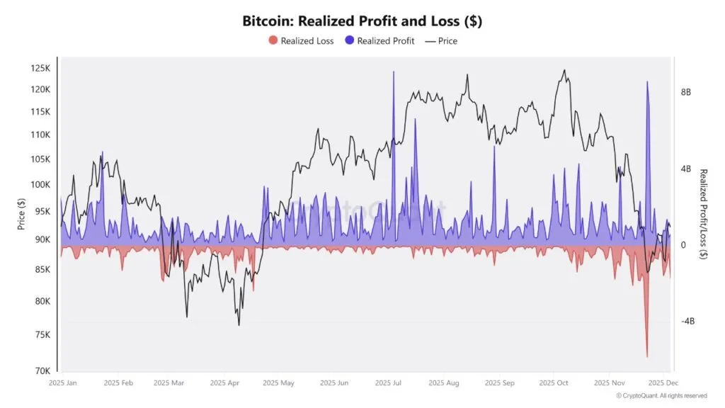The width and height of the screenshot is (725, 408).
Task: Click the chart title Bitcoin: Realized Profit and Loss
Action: [362, 21]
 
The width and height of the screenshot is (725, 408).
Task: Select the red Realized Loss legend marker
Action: [273, 41]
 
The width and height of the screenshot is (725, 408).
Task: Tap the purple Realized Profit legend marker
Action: [349, 41]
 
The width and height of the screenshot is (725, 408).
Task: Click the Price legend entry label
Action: [447, 41]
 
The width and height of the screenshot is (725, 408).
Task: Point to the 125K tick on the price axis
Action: [40, 68]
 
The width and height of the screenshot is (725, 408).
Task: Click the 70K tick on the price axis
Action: [42, 370]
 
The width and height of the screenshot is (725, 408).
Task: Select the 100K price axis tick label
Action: [40, 184]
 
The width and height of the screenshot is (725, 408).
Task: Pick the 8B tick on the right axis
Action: [686, 93]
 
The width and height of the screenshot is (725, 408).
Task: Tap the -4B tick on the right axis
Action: [687, 321]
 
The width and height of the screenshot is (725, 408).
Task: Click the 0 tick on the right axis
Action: [683, 245]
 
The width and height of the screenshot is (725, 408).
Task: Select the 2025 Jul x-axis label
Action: [388, 383]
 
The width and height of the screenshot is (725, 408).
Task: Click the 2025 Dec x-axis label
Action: [658, 383]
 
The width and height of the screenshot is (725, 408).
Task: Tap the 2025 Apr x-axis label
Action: [225, 383]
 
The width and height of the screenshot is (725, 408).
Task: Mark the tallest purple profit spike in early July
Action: [394, 72]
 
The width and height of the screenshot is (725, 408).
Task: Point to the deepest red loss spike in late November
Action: [647, 356]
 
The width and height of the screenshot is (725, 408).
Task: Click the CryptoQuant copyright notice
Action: [661, 396]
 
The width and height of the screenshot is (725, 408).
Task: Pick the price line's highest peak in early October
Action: [564, 70]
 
